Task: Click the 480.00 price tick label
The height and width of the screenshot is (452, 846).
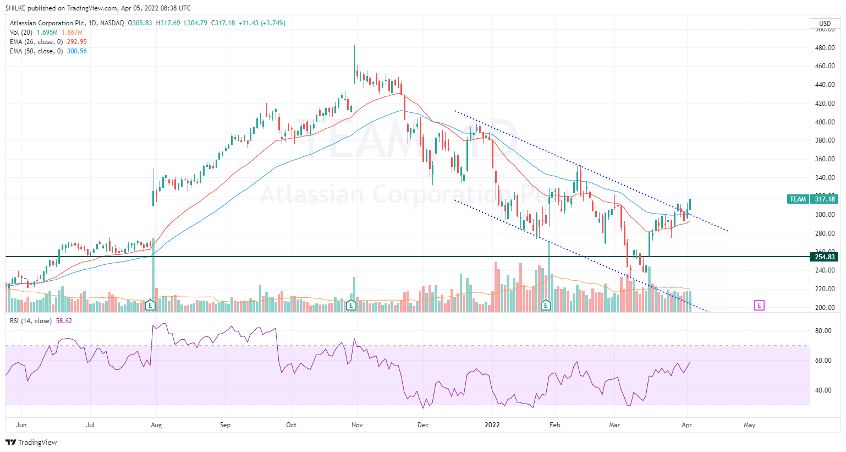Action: click(825, 48)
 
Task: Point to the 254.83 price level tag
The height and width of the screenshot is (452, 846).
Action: click(825, 257)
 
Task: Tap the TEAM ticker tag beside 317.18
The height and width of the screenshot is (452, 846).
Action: click(798, 199)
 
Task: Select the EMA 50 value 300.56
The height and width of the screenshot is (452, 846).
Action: click(76, 51)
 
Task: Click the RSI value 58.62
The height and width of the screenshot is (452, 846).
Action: click(64, 321)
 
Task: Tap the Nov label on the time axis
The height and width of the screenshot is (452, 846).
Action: click(357, 425)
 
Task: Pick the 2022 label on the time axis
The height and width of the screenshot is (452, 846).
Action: click(492, 425)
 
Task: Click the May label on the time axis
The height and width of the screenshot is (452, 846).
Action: click(749, 425)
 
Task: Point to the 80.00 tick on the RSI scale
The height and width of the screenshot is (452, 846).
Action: click(823, 331)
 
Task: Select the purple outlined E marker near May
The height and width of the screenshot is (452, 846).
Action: click(759, 305)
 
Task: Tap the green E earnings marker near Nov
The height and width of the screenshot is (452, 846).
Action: click(351, 305)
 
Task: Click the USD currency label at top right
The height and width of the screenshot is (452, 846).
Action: click(825, 23)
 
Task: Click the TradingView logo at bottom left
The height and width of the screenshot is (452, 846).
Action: click(31, 442)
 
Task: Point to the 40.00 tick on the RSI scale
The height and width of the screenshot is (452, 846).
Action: click(823, 390)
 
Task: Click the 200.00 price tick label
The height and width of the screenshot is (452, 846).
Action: click(825, 308)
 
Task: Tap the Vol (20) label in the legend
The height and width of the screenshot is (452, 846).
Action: click(21, 32)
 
